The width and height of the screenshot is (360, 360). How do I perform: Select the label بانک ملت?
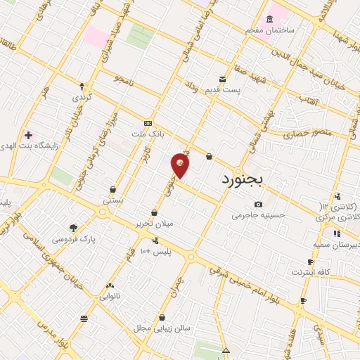pyautogui.click(x=147, y=132)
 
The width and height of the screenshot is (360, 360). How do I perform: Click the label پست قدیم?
pyautogui.click(x=222, y=90)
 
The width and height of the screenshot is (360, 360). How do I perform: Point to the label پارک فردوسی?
pyautogui.click(x=73, y=238)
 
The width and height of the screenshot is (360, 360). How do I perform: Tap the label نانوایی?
pyautogui.click(x=110, y=296)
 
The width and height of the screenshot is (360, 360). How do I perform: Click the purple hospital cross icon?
pyautogui.click(x=28, y=134)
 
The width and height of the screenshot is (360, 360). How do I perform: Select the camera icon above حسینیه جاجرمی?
pyautogui.click(x=258, y=204)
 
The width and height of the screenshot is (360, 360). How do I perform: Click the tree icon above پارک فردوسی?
pyautogui.click(x=73, y=227)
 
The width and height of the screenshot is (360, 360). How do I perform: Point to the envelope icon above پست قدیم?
pyautogui.click(x=222, y=79)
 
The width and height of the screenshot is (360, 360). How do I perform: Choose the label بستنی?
pyautogui.click(x=113, y=200)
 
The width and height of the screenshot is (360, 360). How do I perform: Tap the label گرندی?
pyautogui.click(x=82, y=96)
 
